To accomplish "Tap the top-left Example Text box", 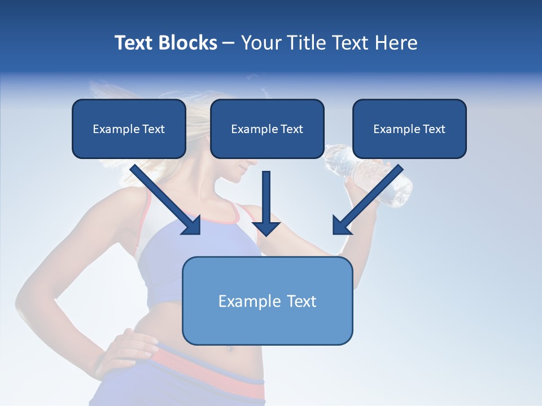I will pyautogui.click(x=129, y=129).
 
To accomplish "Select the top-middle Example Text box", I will pyautogui.click(x=267, y=129).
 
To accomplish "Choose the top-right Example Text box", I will pyautogui.click(x=409, y=129).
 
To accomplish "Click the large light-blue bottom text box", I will pyautogui.click(x=268, y=301).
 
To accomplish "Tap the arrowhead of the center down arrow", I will pyautogui.click(x=266, y=228).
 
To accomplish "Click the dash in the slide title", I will pyautogui.click(x=229, y=43).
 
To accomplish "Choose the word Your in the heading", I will pyautogui.click(x=261, y=43).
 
